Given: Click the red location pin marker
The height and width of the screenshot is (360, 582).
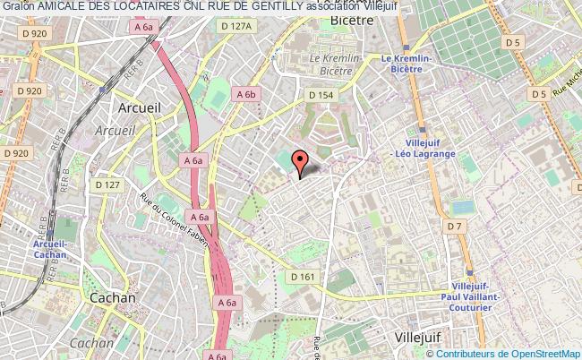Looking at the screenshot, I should (x=300, y=162).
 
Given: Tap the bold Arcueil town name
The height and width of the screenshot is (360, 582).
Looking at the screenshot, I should (x=138, y=107).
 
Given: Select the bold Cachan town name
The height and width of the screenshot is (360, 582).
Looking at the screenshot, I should (x=112, y=297).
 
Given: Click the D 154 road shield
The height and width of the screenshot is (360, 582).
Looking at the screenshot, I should (x=321, y=94).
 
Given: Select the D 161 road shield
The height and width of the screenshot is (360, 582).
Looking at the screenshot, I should (x=302, y=278).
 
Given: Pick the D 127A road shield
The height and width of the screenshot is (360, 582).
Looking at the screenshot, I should (x=237, y=26).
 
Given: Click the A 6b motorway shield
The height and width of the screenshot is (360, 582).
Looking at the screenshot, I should (x=246, y=92).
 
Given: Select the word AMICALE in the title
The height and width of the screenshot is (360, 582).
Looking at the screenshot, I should (x=56, y=7).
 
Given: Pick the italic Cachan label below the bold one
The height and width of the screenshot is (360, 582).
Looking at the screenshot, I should (x=91, y=342).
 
